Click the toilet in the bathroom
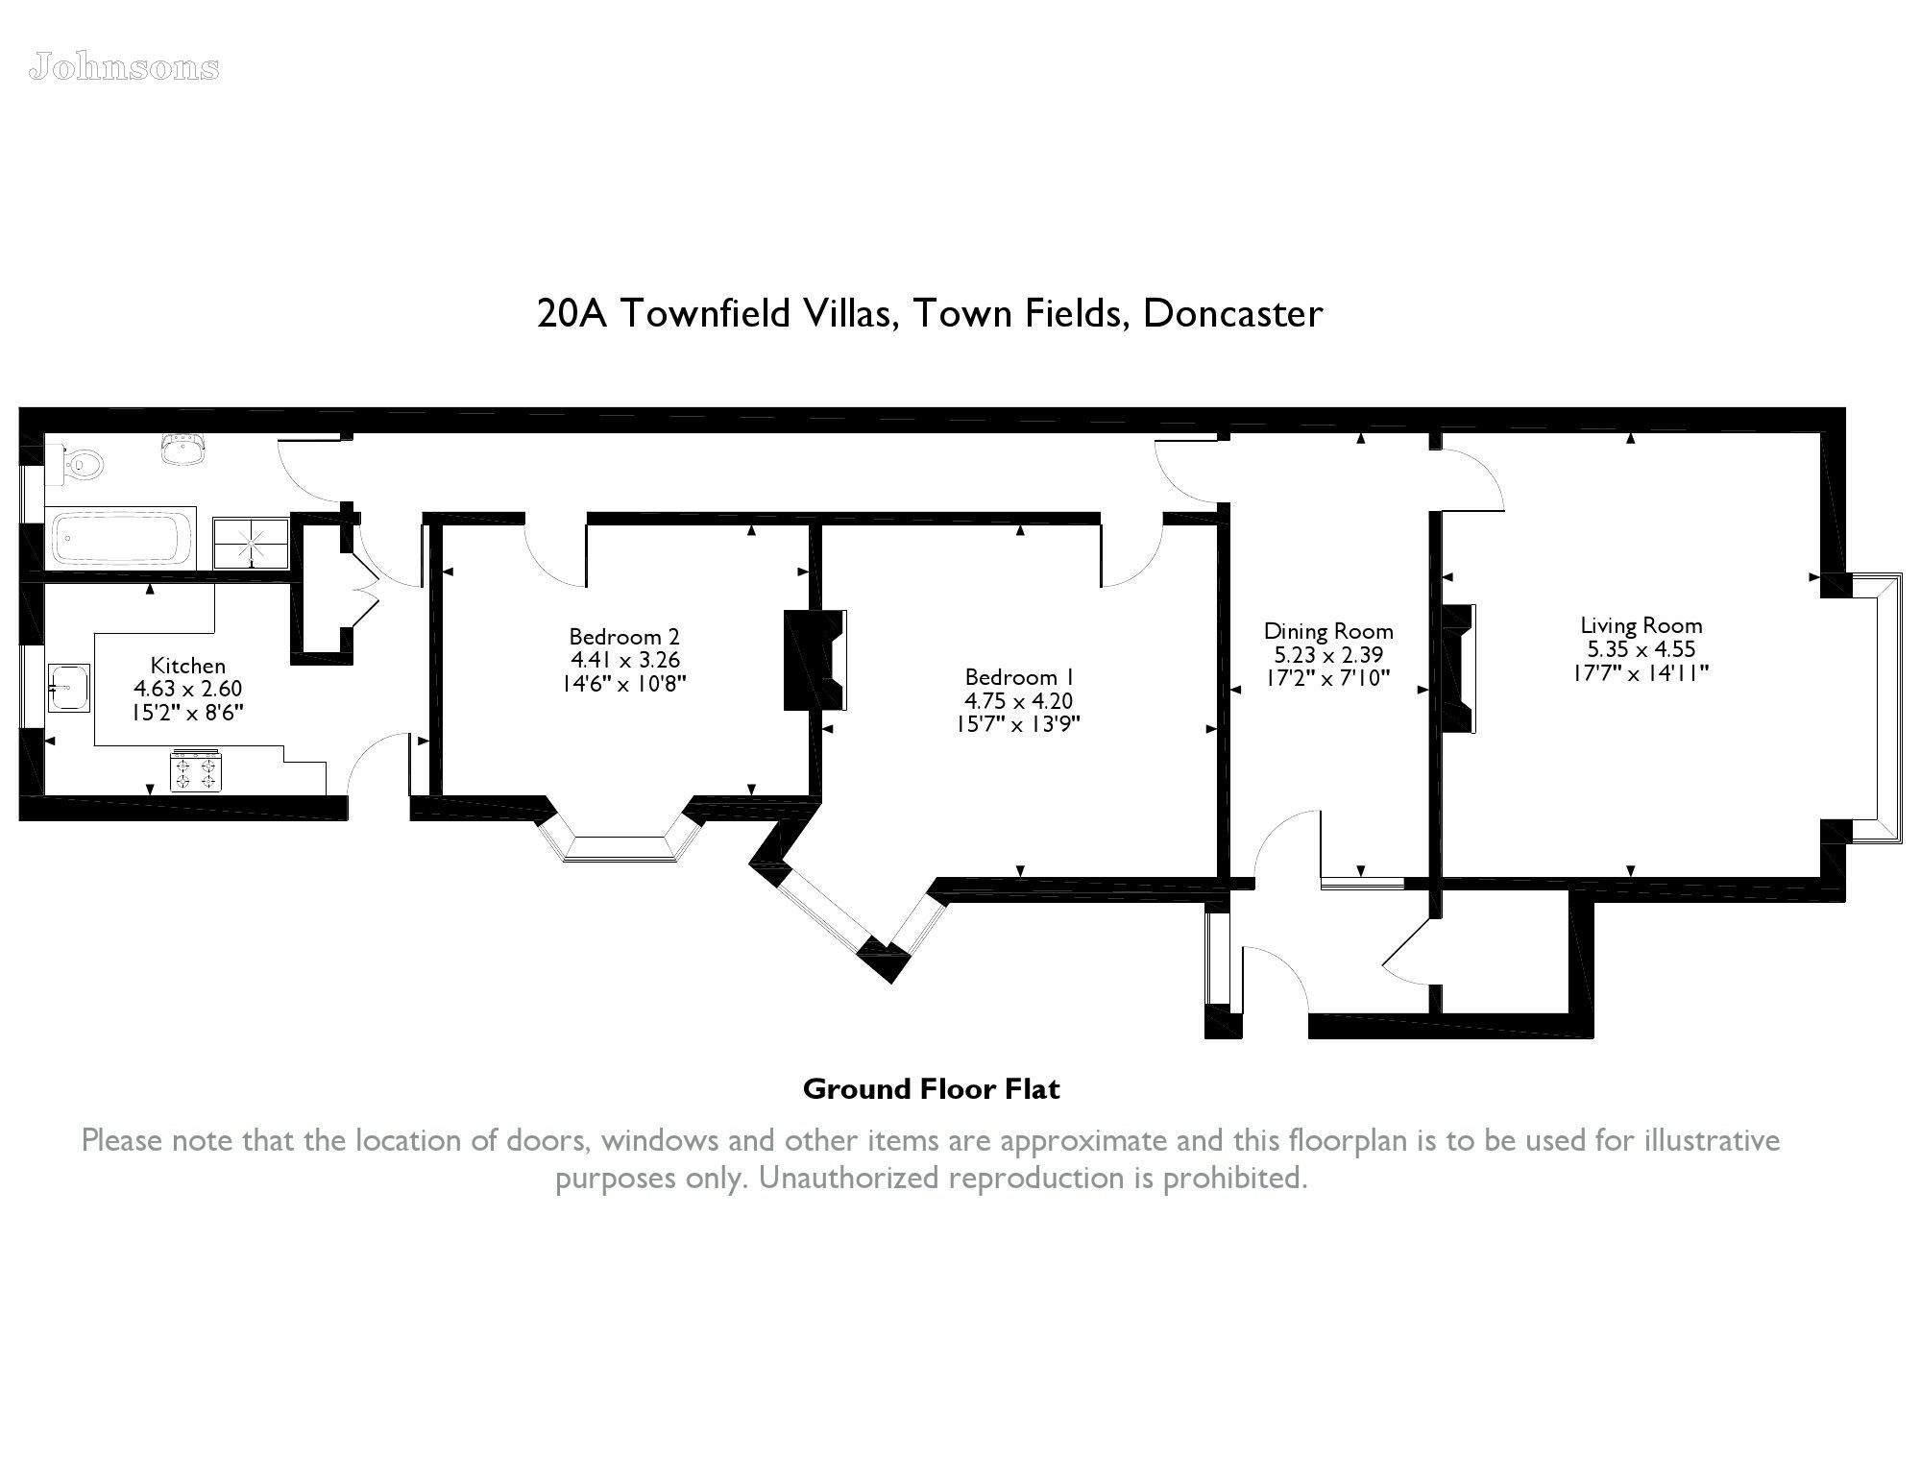click(x=76, y=465)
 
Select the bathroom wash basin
click(x=183, y=450)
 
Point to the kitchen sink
click(x=68, y=688)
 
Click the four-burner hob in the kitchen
click(x=196, y=770)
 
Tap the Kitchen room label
click(x=188, y=666)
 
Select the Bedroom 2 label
click(x=624, y=637)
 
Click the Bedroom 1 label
click(x=1019, y=676)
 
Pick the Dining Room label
click(x=1328, y=631)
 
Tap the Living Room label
click(x=1641, y=626)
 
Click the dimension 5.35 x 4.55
click(x=1641, y=649)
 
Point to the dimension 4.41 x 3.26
click(x=625, y=660)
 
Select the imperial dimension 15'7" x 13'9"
click(x=1018, y=723)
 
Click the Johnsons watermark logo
click(x=125, y=67)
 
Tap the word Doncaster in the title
click(x=1233, y=313)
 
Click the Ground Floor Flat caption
click(x=932, y=1089)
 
